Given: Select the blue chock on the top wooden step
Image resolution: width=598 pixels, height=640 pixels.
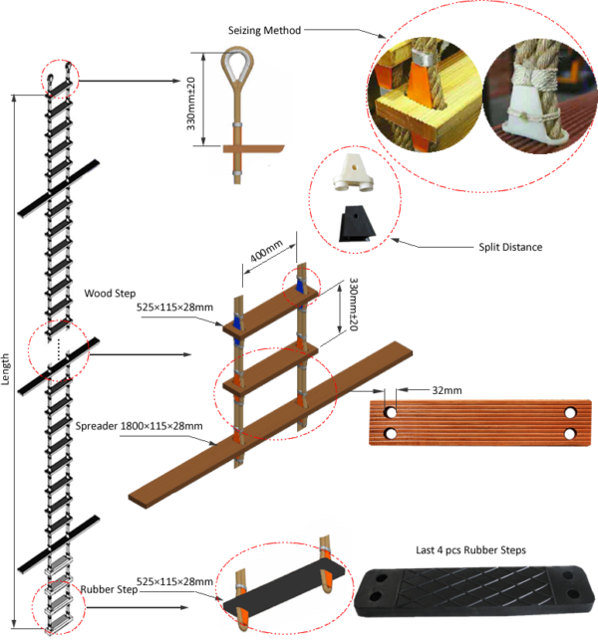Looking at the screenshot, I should (x=238, y=323).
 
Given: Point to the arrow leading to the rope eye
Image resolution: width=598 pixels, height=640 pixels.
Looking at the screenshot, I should (x=130, y=80).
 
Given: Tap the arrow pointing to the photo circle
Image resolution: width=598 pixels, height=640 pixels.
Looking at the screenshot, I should (x=344, y=32).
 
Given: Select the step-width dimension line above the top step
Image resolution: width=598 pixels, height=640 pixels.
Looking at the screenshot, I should (x=269, y=253).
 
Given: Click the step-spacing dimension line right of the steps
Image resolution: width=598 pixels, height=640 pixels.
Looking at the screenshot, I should (x=342, y=309).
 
